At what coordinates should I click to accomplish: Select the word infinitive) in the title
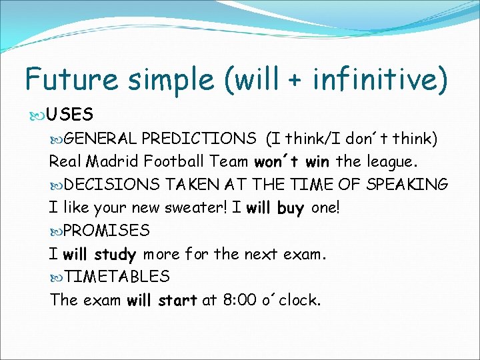pos(377,79)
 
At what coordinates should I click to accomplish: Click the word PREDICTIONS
pos(199,138)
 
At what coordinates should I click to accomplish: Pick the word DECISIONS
pos(113,184)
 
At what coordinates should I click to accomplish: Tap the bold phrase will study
pos(99,254)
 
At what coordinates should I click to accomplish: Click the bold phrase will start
pos(162,300)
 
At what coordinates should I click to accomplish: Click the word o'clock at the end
pos(293,300)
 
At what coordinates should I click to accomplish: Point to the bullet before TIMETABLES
pos(57,277)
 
